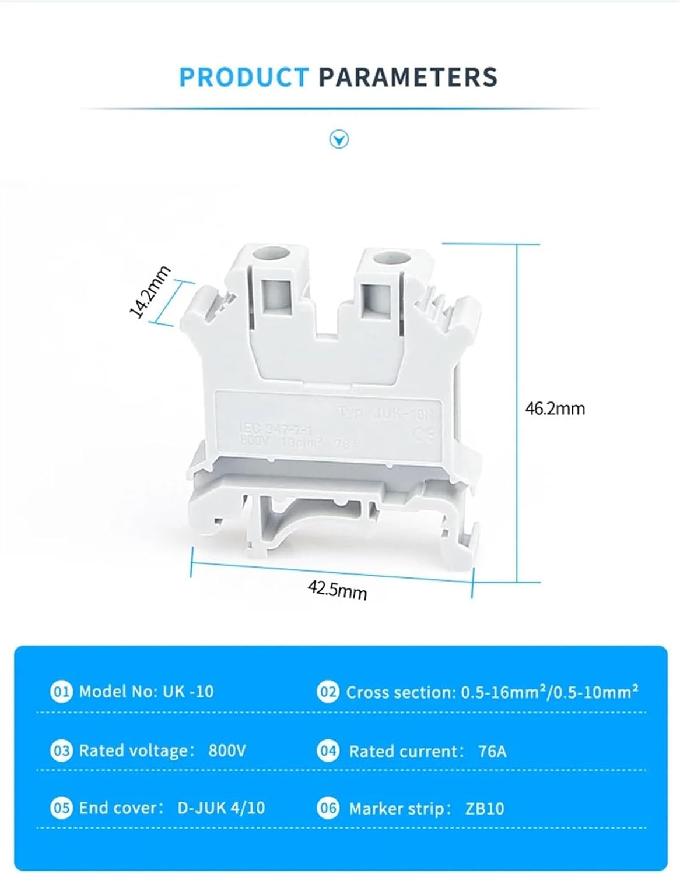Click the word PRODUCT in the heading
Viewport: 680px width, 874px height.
pyautogui.click(x=243, y=77)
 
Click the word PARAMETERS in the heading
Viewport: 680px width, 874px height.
pyautogui.click(x=408, y=77)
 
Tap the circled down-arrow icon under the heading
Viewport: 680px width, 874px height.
pyautogui.click(x=339, y=140)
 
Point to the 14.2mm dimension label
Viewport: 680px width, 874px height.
pyautogui.click(x=150, y=292)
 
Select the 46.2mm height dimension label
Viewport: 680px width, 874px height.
pyautogui.click(x=555, y=408)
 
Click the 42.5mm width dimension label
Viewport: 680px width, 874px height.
pyautogui.click(x=338, y=591)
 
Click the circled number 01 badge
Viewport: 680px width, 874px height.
pyautogui.click(x=61, y=692)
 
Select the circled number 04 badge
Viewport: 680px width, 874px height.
pyautogui.click(x=328, y=751)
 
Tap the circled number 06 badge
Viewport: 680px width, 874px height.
pyautogui.click(x=328, y=808)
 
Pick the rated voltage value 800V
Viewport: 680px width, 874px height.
pyautogui.click(x=227, y=750)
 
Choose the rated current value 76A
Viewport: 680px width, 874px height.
pyautogui.click(x=492, y=752)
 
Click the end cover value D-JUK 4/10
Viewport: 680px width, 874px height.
pyautogui.click(x=221, y=808)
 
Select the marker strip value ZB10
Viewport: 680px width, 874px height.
pyautogui.click(x=485, y=809)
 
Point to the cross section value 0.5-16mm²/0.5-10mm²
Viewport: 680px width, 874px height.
pyautogui.click(x=550, y=692)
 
